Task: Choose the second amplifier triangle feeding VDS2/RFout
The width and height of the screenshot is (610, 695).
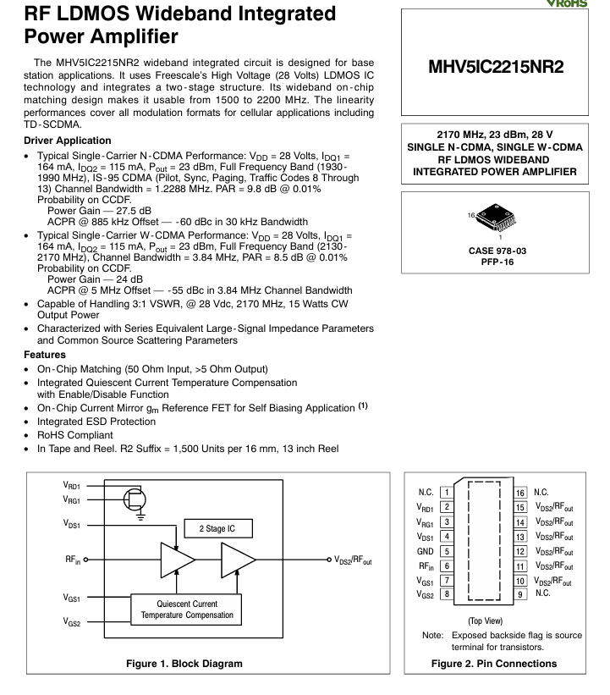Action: coord(238,560)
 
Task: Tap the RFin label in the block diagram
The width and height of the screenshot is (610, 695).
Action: coord(72,560)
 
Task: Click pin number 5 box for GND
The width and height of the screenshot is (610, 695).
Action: coord(446,550)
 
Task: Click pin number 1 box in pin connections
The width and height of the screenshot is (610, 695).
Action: coord(446,493)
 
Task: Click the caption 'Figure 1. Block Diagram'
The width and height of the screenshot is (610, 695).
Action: coord(184,663)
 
